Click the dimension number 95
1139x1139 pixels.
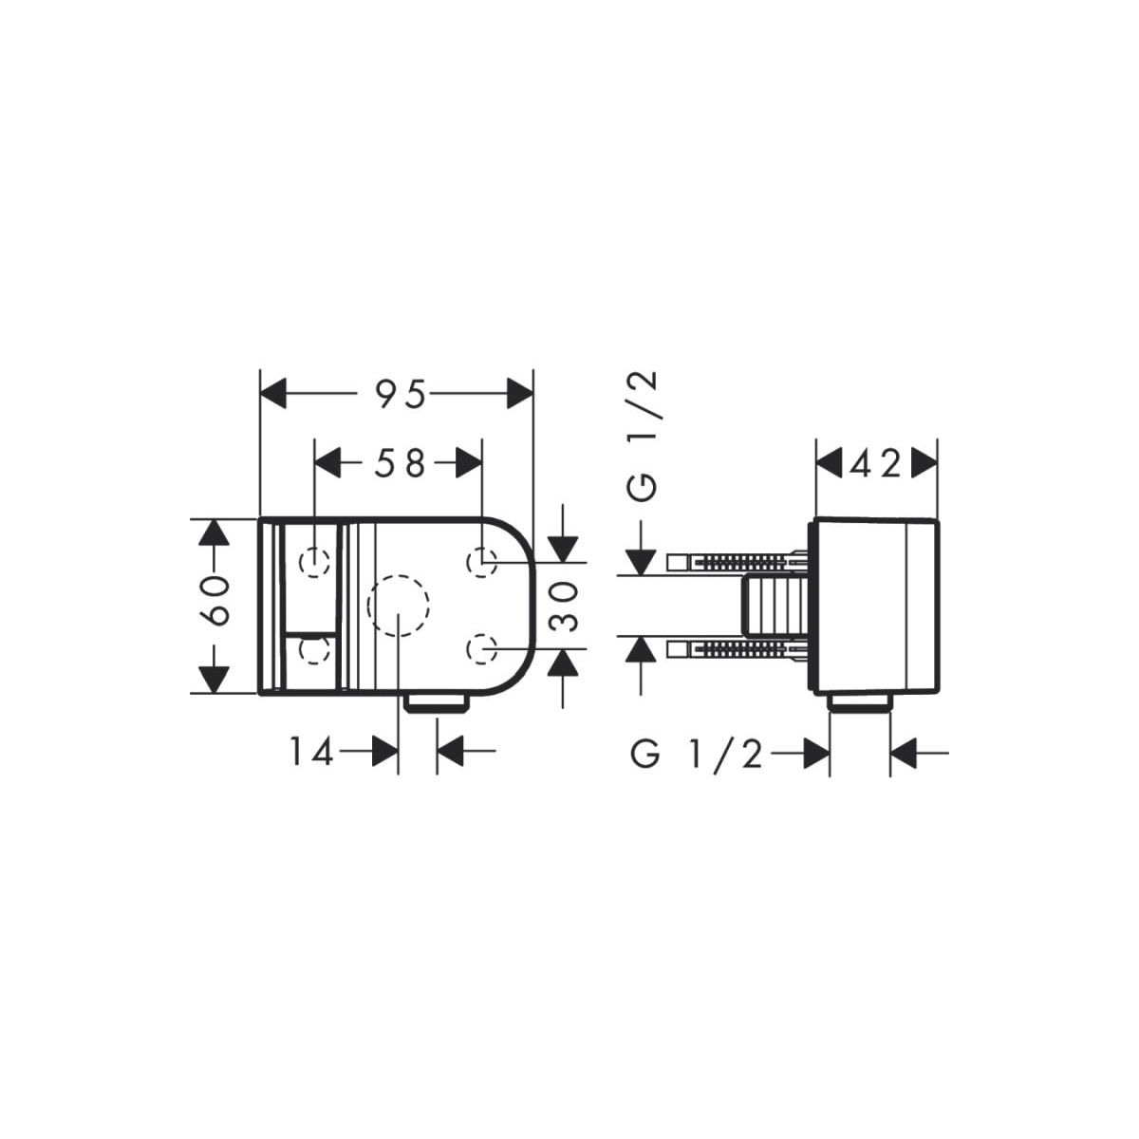[401, 394]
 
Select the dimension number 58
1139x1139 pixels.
[400, 463]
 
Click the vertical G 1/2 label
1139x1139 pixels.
[644, 437]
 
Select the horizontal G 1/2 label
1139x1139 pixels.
[698, 755]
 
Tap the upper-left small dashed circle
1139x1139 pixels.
[314, 562]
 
